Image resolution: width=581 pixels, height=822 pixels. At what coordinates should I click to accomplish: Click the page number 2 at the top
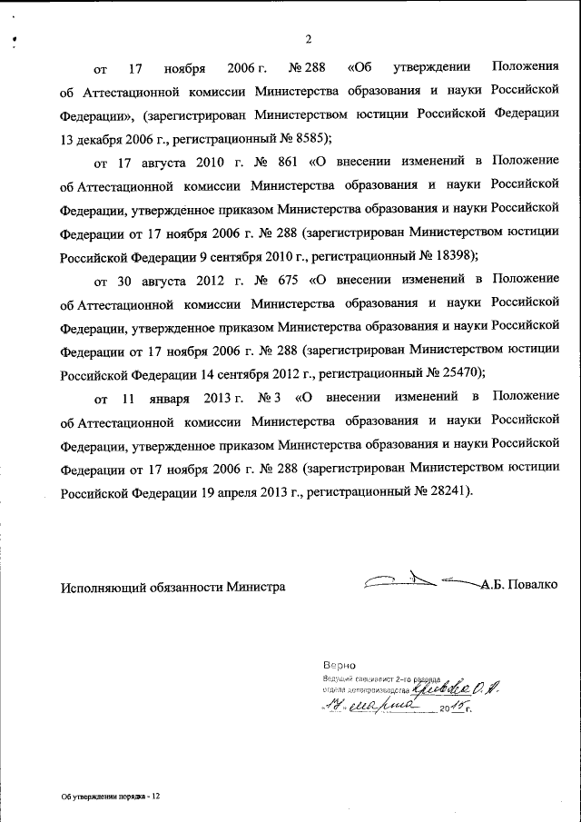click(x=308, y=38)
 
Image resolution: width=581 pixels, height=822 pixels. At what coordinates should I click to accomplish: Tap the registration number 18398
click(x=448, y=255)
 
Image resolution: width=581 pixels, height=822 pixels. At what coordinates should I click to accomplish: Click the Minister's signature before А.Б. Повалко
click(x=418, y=579)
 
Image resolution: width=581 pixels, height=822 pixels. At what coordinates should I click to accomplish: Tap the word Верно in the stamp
click(x=338, y=666)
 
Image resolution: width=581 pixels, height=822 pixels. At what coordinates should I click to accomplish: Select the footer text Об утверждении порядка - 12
click(x=111, y=795)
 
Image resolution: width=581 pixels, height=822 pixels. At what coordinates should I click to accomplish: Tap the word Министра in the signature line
click(x=257, y=587)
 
